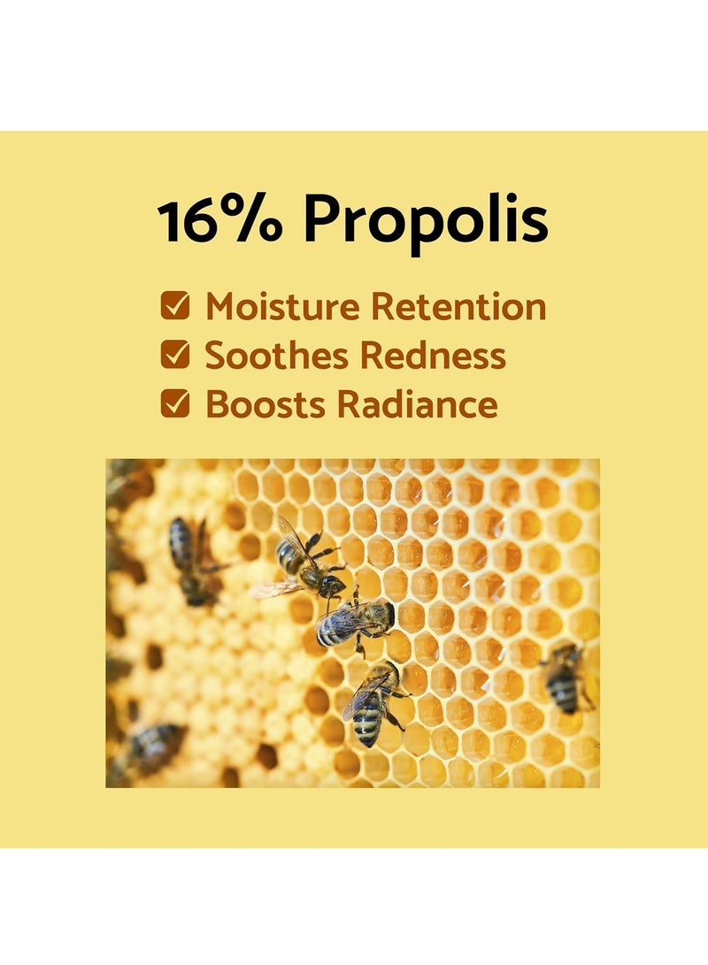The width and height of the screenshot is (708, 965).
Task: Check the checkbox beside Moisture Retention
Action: click(x=175, y=306)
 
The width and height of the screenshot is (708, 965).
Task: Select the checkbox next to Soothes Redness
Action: click(x=175, y=355)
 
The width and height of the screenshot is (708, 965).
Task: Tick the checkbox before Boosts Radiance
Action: click(x=175, y=403)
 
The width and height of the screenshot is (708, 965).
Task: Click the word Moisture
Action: click(x=282, y=306)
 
